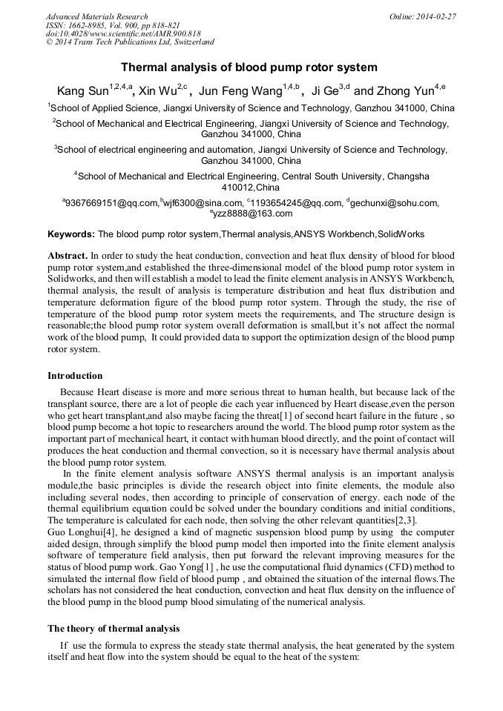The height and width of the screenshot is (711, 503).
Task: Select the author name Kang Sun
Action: point(82,90)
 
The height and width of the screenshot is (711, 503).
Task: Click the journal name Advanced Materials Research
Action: point(96,16)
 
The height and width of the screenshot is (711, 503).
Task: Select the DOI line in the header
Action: point(123,34)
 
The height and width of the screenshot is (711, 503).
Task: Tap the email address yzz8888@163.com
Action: point(252,214)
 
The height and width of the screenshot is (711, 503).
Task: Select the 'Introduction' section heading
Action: point(75,376)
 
